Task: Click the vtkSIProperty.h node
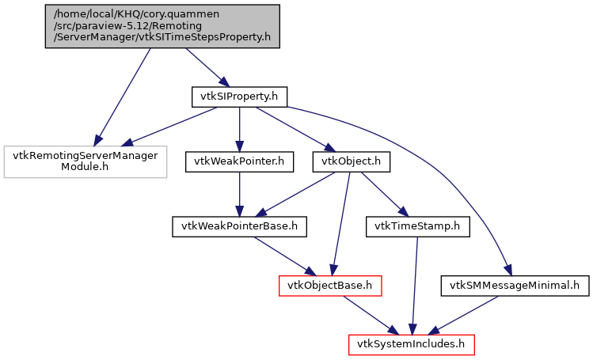(238, 97)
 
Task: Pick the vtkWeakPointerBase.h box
(239, 227)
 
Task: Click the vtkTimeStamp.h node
(417, 227)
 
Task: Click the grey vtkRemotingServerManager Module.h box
(86, 161)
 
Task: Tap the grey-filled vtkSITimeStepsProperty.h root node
(162, 26)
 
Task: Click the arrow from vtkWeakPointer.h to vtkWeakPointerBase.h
(239, 195)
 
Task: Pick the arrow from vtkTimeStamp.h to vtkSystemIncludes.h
(414, 285)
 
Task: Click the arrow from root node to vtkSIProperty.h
(204, 66)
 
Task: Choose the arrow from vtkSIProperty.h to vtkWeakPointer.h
(239, 129)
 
